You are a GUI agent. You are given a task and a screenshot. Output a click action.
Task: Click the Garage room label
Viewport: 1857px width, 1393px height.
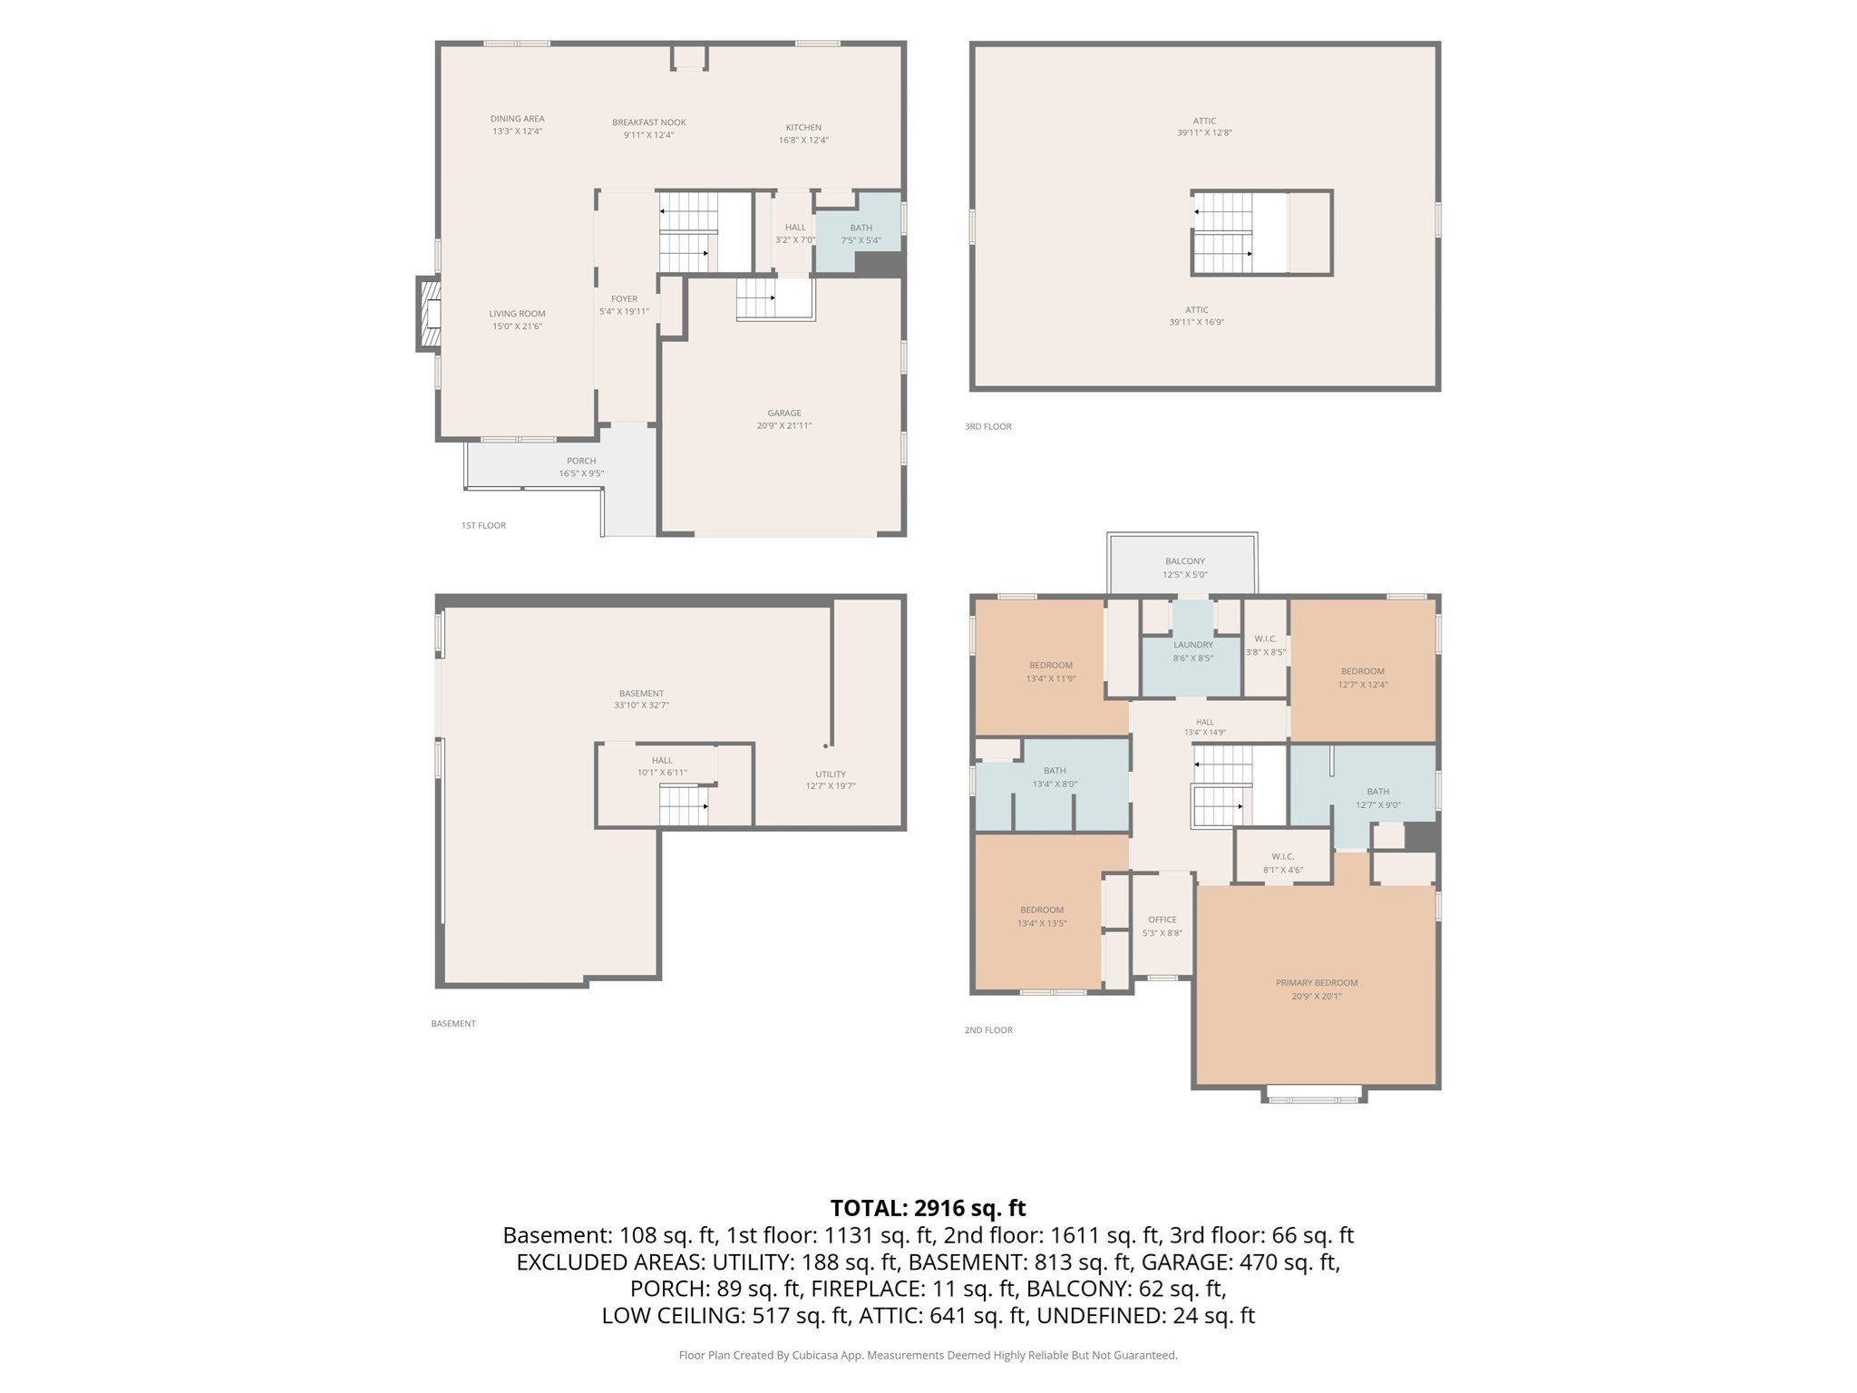click(x=784, y=413)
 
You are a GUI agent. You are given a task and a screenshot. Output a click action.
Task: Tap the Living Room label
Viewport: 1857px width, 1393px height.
click(x=518, y=314)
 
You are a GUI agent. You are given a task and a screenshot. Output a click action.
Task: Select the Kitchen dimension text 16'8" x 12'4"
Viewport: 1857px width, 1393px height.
click(x=803, y=140)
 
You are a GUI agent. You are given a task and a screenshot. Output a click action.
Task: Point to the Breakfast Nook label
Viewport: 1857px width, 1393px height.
click(x=649, y=122)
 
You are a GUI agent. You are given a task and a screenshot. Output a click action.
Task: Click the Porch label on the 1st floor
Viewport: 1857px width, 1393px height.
click(x=581, y=461)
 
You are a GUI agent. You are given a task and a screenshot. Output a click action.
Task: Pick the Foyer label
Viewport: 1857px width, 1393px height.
click(x=624, y=298)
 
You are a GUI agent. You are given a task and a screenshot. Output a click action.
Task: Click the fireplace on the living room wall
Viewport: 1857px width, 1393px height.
click(x=428, y=314)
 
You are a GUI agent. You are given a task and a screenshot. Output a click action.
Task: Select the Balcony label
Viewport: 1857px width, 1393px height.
click(x=1185, y=561)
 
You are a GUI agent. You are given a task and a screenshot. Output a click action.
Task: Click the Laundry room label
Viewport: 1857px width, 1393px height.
click(x=1193, y=645)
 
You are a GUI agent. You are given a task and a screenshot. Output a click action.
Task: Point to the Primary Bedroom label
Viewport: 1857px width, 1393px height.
click(x=1317, y=982)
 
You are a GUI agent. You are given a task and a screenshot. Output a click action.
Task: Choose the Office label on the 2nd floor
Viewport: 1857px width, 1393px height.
click(x=1162, y=920)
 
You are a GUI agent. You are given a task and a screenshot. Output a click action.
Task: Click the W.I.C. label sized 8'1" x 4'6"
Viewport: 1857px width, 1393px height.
click(x=1283, y=856)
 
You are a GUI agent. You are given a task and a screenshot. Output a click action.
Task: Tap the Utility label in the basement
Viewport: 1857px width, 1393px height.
click(x=831, y=774)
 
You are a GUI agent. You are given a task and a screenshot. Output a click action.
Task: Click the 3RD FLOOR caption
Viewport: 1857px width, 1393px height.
click(x=988, y=426)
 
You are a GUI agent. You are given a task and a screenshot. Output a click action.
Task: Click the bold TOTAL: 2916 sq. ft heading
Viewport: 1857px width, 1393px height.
click(x=928, y=1208)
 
